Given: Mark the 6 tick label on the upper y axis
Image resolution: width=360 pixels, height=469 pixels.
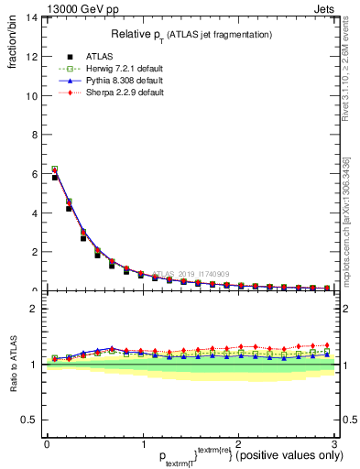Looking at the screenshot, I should (x=33, y=174).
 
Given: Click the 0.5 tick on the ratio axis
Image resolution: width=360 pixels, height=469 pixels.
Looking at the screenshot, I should (x=29, y=420).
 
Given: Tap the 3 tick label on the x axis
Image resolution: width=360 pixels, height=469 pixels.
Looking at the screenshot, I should (x=334, y=443).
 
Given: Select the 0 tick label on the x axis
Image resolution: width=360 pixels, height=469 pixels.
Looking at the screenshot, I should (x=47, y=443).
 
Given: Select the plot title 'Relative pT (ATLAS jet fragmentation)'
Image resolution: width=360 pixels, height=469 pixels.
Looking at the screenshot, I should (x=191, y=34).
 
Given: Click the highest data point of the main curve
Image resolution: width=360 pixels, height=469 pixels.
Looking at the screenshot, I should (x=55, y=169).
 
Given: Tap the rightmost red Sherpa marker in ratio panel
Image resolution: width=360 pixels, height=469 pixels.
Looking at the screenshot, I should (x=327, y=345).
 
